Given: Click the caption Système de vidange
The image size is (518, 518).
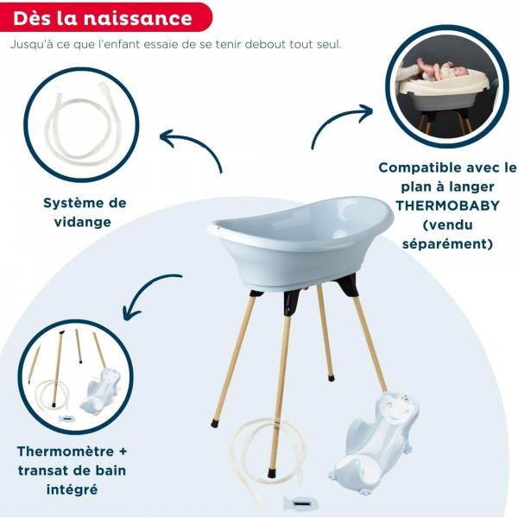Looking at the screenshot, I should click(85, 212).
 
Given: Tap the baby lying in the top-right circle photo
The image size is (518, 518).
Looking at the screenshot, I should click(440, 69).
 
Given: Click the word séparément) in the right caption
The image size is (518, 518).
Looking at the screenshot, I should click(446, 243).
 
